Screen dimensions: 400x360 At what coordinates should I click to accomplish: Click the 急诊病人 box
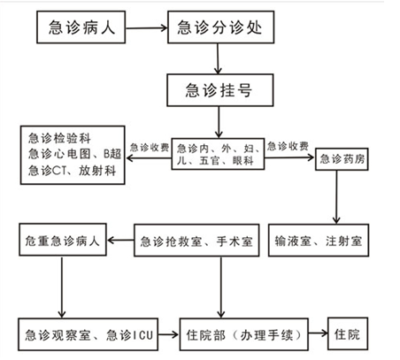81,27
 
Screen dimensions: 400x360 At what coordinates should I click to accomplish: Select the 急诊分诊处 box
221,27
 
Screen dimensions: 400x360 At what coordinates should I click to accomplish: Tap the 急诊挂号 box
220,90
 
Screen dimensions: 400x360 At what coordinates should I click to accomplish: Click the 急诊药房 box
342,159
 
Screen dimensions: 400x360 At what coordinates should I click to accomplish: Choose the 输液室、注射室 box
319,241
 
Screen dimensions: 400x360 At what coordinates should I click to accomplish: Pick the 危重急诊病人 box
63,240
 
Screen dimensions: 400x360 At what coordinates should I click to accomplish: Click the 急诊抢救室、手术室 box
196,241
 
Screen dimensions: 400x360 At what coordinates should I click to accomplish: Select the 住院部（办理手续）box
244,334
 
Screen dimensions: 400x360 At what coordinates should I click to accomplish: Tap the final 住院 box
348,333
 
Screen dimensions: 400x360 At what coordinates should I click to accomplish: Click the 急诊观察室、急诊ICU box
88,334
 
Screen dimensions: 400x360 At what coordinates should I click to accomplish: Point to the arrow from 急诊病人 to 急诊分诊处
147,28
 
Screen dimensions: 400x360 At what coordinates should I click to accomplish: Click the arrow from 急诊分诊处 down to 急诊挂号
218,59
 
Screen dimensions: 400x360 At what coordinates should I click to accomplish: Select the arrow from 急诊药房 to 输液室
336,197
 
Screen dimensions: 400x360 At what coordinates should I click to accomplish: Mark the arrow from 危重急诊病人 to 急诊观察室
62,287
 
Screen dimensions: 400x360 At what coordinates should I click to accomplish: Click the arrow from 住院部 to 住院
319,333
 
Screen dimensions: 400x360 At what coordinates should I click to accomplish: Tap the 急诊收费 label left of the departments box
150,148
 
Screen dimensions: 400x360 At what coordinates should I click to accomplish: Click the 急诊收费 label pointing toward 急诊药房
288,146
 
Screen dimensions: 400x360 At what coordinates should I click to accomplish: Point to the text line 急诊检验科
59,138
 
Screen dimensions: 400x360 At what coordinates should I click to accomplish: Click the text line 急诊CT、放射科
73,171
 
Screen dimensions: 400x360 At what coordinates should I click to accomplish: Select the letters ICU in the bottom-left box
143,335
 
